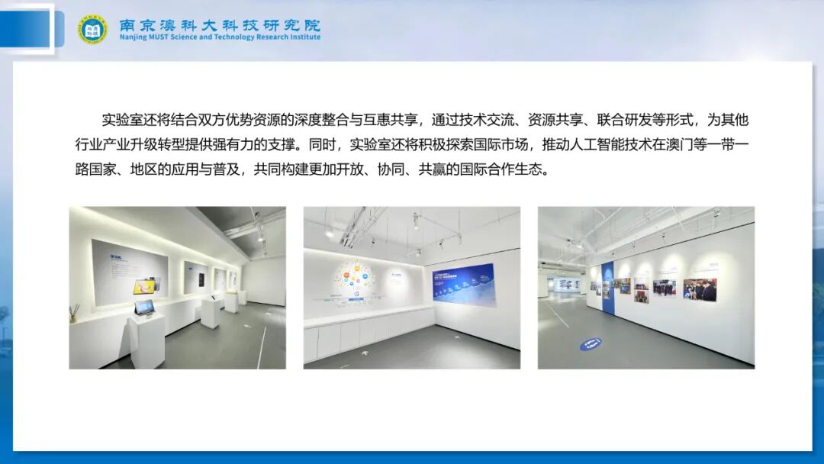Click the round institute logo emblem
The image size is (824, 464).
click(92, 29)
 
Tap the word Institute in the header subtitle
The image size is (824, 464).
click(304, 37)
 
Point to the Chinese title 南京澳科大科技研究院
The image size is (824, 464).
click(220, 24)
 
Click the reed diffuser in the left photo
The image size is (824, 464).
click(75, 313)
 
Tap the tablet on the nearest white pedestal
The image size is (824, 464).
click(144, 308)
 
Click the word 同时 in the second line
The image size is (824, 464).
click(326, 144)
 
